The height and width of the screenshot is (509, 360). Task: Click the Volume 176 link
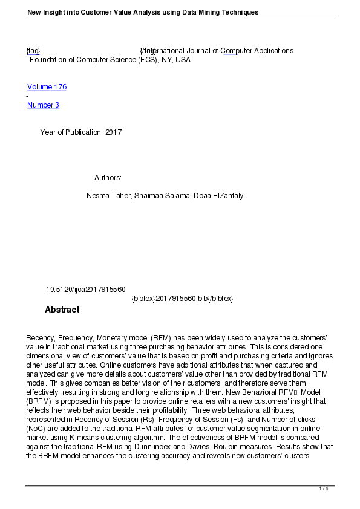[47, 87]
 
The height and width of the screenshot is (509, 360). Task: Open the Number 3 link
[43, 105]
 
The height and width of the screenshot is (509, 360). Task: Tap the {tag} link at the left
[33, 51]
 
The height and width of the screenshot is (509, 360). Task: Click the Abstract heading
[62, 310]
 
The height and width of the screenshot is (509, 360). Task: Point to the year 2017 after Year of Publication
[113, 132]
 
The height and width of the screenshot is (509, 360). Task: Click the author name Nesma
[99, 196]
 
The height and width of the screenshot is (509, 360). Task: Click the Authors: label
[108, 178]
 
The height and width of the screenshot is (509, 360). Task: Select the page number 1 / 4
[324, 488]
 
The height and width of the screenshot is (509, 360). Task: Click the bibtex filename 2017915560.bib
[182, 299]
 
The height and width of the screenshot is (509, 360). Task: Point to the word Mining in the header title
[190, 12]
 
